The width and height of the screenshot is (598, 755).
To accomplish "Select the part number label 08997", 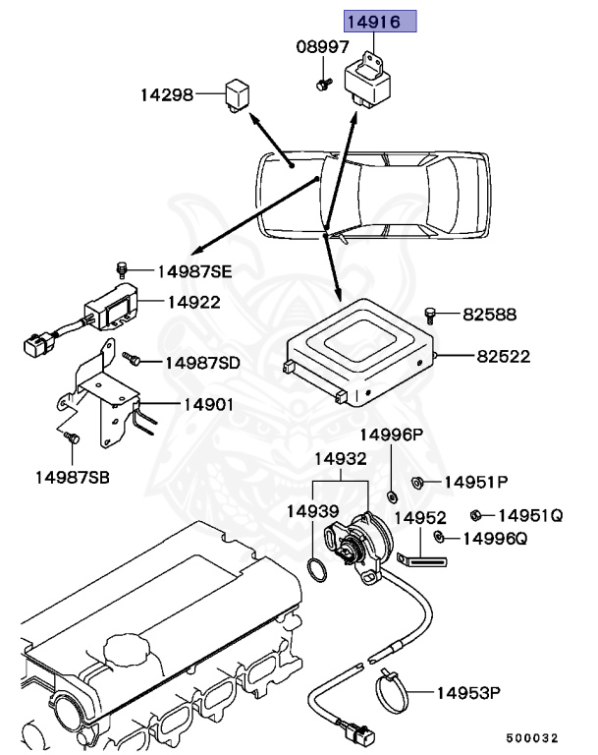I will [322, 46].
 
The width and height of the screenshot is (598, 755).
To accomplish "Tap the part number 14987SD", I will [202, 363].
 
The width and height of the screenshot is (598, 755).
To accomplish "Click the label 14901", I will [206, 404].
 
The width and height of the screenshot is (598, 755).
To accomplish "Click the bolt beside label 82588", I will [431, 314].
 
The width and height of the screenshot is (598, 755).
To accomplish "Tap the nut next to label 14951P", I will [416, 482].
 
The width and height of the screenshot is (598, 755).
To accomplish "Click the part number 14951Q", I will [530, 514].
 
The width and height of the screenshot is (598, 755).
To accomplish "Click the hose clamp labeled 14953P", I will [397, 692].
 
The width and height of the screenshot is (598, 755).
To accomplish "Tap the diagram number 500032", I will [532, 737].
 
